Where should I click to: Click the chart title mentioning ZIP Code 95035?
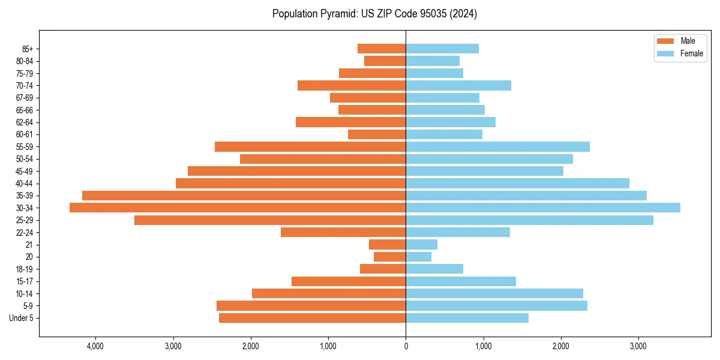click(374, 14)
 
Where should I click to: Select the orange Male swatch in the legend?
click(665, 41)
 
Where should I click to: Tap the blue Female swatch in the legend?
click(665, 53)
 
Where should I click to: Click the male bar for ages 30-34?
click(238, 208)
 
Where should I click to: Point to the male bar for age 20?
click(389, 257)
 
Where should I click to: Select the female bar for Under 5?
click(467, 318)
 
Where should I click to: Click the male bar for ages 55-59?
click(310, 146)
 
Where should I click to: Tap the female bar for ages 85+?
click(442, 49)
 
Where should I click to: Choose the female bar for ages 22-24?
click(458, 232)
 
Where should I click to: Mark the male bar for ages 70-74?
click(352, 85)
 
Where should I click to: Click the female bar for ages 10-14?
click(494, 293)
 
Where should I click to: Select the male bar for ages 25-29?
click(270, 220)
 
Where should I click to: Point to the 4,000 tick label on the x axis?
click(95, 346)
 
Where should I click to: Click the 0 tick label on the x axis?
click(406, 346)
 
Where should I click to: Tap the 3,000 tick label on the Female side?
click(638, 346)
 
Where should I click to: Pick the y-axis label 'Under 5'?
click(21, 318)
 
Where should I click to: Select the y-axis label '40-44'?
click(24, 183)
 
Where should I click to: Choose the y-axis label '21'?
click(29, 245)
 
